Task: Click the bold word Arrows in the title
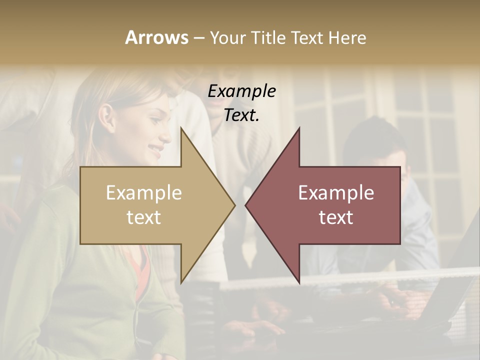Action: coord(156,38)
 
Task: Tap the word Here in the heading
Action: coord(347,38)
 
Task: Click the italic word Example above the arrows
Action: coord(242,91)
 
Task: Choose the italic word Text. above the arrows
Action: coord(242,115)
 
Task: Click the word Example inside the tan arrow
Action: coord(144,193)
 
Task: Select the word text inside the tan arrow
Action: coord(144,217)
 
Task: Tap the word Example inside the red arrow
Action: coord(336,193)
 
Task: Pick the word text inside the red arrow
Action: coord(336,217)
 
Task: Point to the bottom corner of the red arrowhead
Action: coord(298,282)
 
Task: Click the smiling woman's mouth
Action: coord(156,148)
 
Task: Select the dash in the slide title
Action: coord(198,38)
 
